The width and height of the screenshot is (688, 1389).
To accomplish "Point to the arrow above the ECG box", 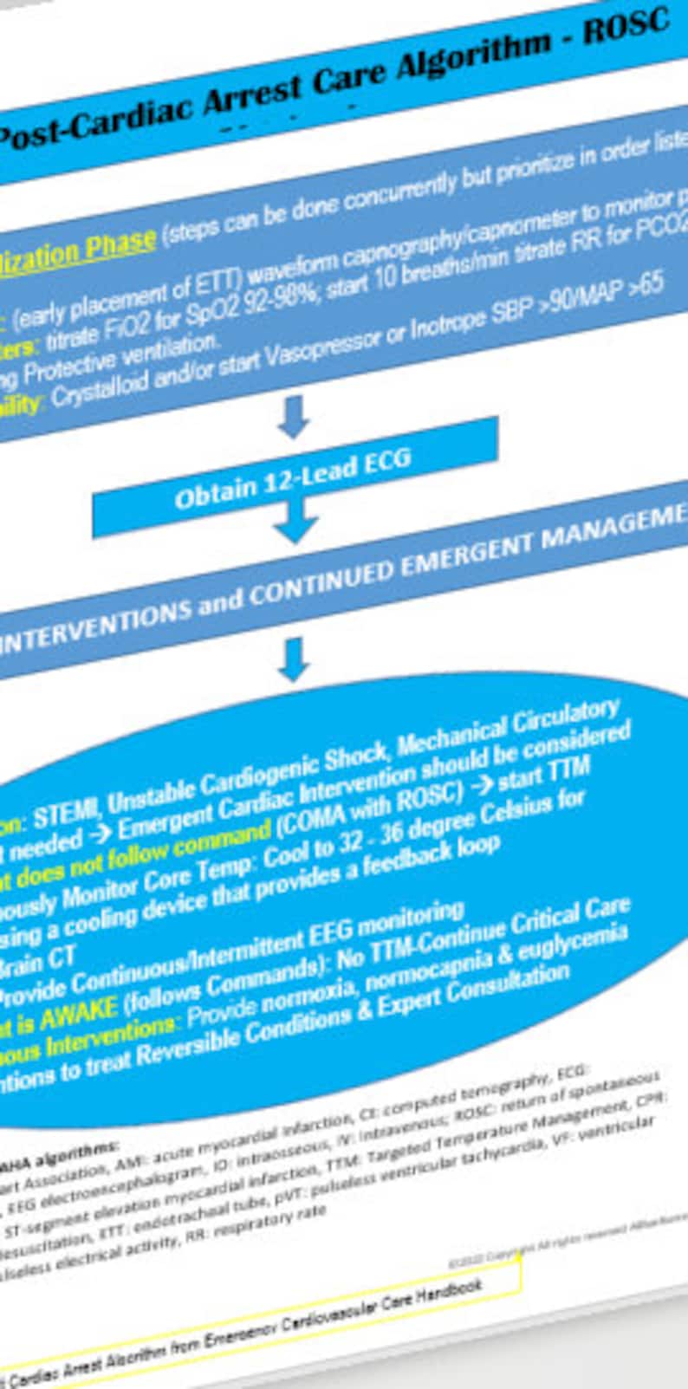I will click(x=294, y=415).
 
